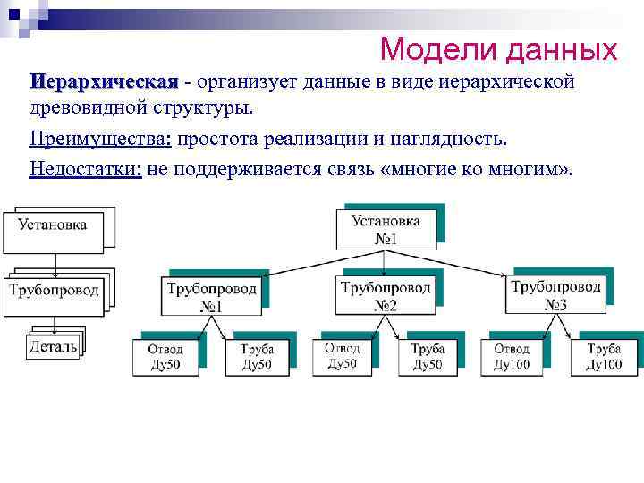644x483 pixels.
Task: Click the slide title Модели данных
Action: click(498, 48)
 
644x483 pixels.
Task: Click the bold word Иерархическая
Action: click(103, 83)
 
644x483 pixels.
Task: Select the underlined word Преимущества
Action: click(101, 140)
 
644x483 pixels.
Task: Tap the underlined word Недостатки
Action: click(85, 169)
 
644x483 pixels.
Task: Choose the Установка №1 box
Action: click(385, 230)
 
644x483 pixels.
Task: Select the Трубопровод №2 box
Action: click(385, 295)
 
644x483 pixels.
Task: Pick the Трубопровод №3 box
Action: click(555, 294)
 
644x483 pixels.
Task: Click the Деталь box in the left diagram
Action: click(52, 345)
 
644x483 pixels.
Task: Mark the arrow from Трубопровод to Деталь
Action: click(53, 325)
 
